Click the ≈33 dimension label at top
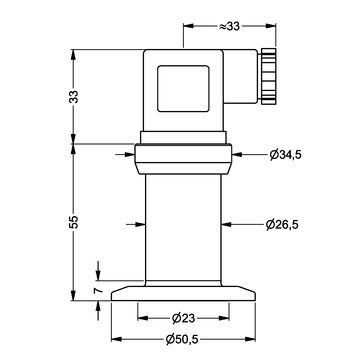pos(229,26)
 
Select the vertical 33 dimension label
pos(75,97)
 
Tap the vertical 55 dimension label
pos(75,222)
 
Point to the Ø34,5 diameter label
pos(285,155)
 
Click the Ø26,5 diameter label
pos(282,225)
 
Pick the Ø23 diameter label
pos(183,319)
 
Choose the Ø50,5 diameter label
pos(182,339)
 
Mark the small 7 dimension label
pos(98,290)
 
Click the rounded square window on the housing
pos(183,88)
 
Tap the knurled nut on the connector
pos(269,76)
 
